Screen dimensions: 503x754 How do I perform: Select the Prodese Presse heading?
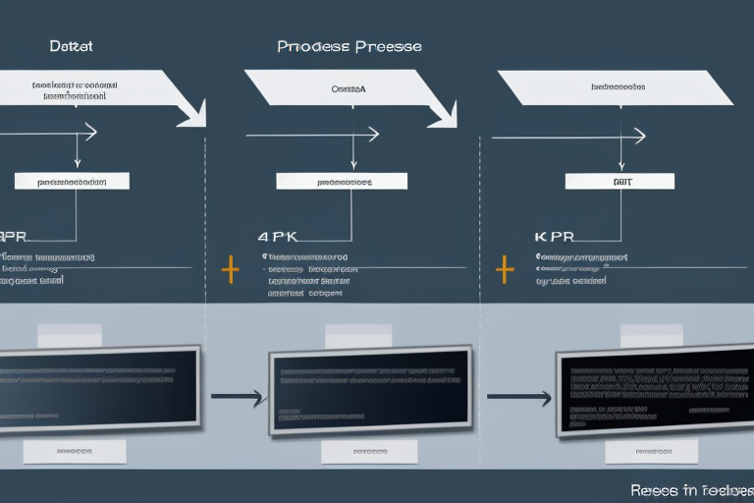point(350,46)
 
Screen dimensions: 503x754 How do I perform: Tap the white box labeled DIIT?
point(620,181)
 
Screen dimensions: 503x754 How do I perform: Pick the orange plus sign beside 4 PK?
point(231,267)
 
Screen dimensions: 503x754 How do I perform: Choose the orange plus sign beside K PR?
point(505,267)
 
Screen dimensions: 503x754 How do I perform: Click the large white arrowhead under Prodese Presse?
point(442,112)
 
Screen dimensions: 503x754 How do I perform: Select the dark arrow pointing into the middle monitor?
point(238,397)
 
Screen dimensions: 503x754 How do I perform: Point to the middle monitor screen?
point(369,387)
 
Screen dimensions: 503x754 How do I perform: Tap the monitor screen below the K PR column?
point(653,389)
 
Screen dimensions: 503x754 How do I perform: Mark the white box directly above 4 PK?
point(342,181)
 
